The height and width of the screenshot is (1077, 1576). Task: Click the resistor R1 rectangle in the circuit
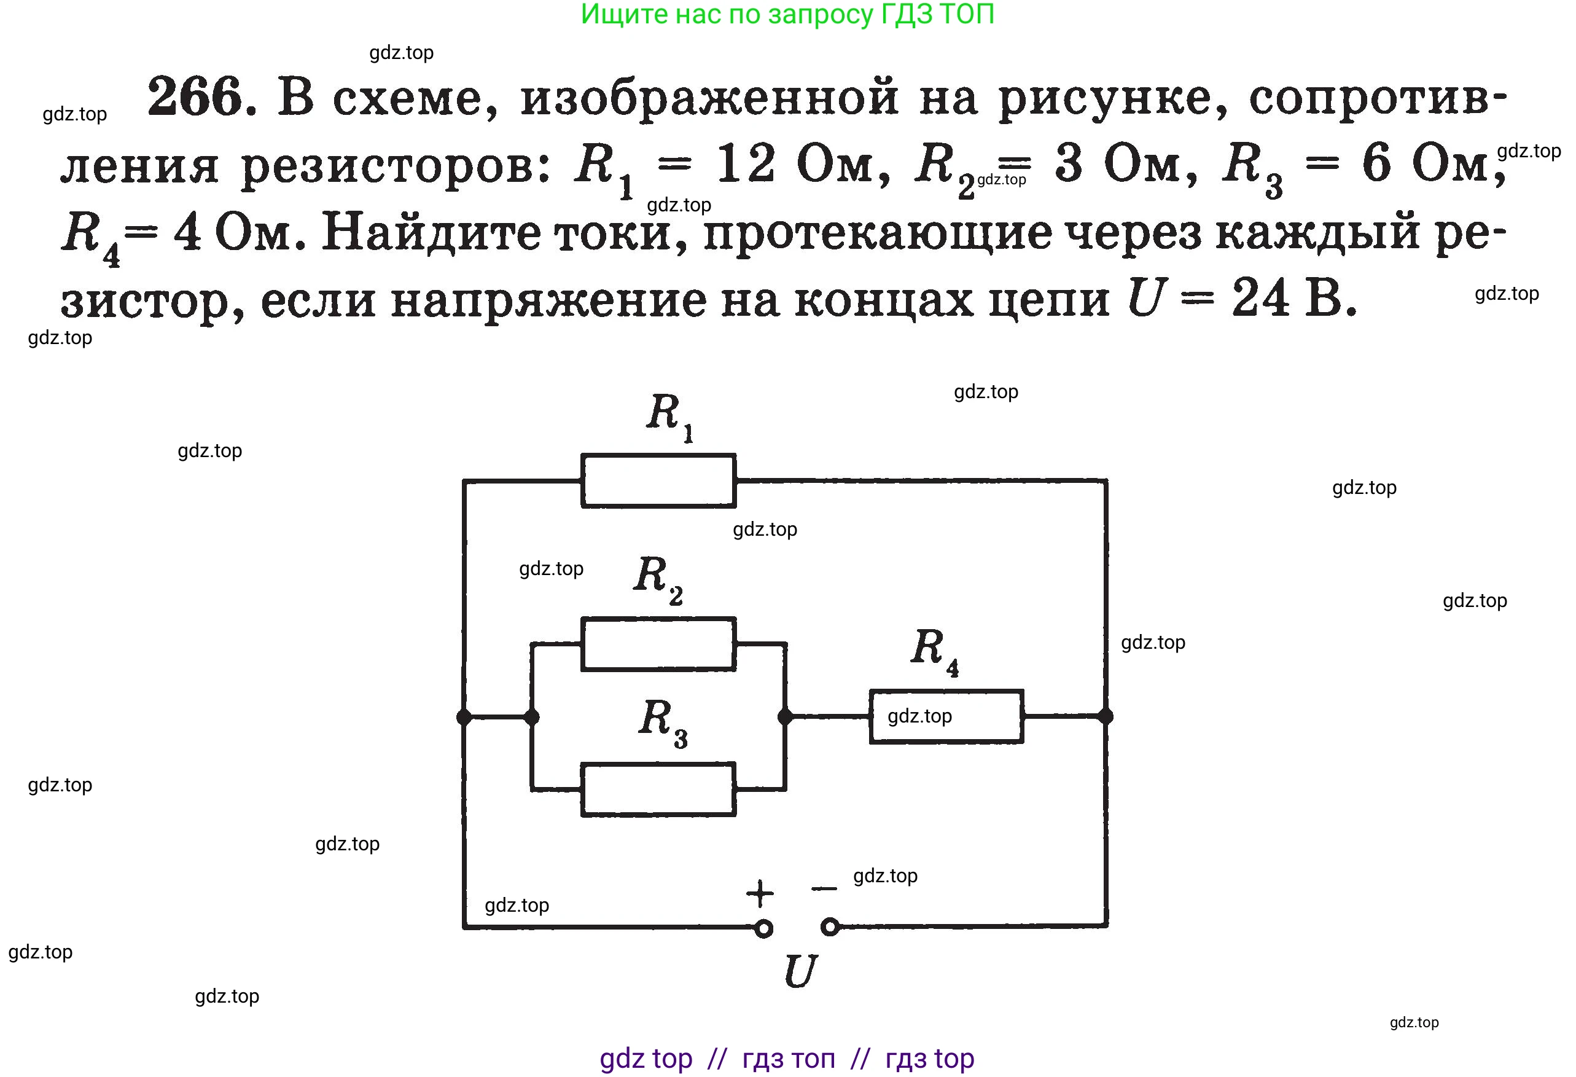pyautogui.click(x=658, y=480)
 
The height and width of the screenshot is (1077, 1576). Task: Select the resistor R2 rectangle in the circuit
pyautogui.click(x=658, y=644)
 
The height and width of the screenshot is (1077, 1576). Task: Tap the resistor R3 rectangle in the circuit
pyautogui.click(x=658, y=789)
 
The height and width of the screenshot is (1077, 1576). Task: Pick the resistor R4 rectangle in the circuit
pyautogui.click(x=946, y=716)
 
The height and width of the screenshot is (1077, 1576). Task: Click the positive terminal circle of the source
pyautogui.click(x=763, y=928)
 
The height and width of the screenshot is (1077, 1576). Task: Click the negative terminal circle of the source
pyautogui.click(x=830, y=926)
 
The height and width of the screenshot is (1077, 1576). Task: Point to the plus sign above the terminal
pyautogui.click(x=760, y=893)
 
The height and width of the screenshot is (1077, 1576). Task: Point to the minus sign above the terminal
pyautogui.click(x=824, y=888)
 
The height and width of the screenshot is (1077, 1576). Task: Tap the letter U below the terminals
pyautogui.click(x=800, y=972)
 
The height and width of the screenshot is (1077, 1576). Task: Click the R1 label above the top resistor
pyautogui.click(x=669, y=415)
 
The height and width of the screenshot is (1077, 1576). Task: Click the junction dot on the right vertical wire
pyautogui.click(x=1106, y=716)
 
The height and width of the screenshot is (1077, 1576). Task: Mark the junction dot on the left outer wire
pyautogui.click(x=464, y=717)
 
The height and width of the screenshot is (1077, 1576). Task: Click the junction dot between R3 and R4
pyautogui.click(x=784, y=716)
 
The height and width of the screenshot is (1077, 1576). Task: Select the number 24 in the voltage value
pyautogui.click(x=1260, y=298)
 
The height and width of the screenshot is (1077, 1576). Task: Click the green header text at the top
pyautogui.click(x=787, y=15)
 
